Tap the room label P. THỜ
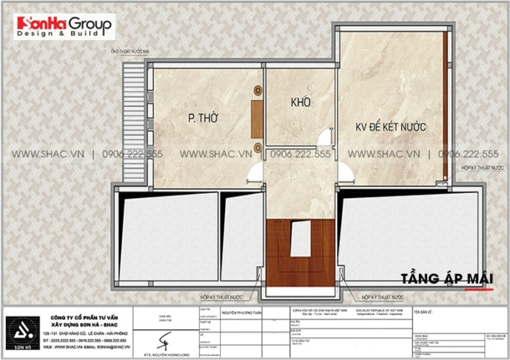pos(199,118)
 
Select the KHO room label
pos(301,102)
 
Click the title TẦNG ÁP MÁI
pos(447,279)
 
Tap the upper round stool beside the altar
pos(257,91)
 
